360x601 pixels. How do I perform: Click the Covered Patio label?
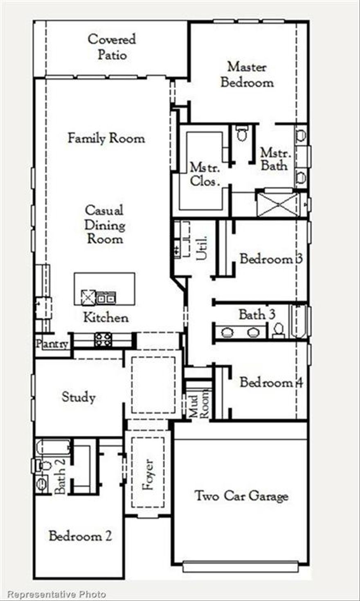pyautogui.click(x=111, y=47)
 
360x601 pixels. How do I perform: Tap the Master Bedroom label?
pyautogui.click(x=247, y=74)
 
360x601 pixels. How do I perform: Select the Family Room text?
pyautogui.click(x=106, y=138)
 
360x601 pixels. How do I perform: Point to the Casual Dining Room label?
pyautogui.click(x=105, y=225)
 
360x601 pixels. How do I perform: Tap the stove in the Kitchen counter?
pyautogui.click(x=103, y=340)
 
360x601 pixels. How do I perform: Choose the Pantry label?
pyautogui.click(x=52, y=344)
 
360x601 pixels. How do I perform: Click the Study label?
pyautogui.click(x=78, y=397)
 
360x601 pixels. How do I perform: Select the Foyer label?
pyautogui.click(x=148, y=475)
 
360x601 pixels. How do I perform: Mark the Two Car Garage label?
pyautogui.click(x=241, y=496)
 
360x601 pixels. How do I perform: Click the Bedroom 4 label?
pyautogui.click(x=271, y=383)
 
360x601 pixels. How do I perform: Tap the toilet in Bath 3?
pyautogui.click(x=279, y=330)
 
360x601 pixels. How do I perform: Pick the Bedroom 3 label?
pyautogui.click(x=271, y=259)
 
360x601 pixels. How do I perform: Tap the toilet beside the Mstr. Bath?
pyautogui.click(x=242, y=133)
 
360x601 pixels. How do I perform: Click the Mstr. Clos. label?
pyautogui.click(x=205, y=174)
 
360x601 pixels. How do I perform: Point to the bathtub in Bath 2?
pyautogui.click(x=53, y=447)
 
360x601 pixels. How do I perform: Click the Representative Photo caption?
pyautogui.click(x=57, y=594)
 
